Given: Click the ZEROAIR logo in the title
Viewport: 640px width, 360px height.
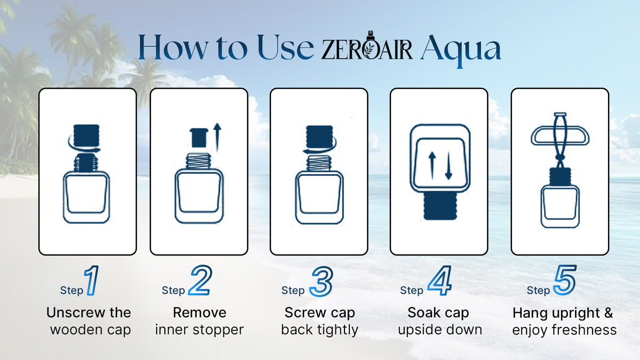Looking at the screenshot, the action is [x=367, y=46].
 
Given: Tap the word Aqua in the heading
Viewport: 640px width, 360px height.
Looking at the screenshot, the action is [x=461, y=51].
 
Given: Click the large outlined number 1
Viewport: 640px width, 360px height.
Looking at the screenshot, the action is [x=92, y=281].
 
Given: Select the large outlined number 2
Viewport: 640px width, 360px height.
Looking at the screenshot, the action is [x=201, y=280].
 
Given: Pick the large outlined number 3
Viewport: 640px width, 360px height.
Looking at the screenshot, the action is [x=322, y=281].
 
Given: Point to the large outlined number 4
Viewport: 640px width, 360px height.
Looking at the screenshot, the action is [x=439, y=281].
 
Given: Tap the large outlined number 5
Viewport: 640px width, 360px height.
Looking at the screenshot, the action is [x=565, y=280].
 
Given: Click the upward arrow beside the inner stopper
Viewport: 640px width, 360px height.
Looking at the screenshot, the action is [x=218, y=137].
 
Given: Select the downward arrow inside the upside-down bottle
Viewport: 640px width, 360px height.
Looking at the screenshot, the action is [x=449, y=166].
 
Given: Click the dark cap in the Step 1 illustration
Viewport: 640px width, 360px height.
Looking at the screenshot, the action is [x=86, y=135].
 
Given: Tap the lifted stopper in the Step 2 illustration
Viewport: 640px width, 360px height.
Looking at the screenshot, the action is [x=199, y=138].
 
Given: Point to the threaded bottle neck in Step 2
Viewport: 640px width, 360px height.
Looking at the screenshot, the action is [x=199, y=161].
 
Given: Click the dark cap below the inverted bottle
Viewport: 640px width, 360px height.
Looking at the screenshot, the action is [x=440, y=206].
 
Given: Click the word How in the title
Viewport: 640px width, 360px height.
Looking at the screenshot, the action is [x=173, y=47].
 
